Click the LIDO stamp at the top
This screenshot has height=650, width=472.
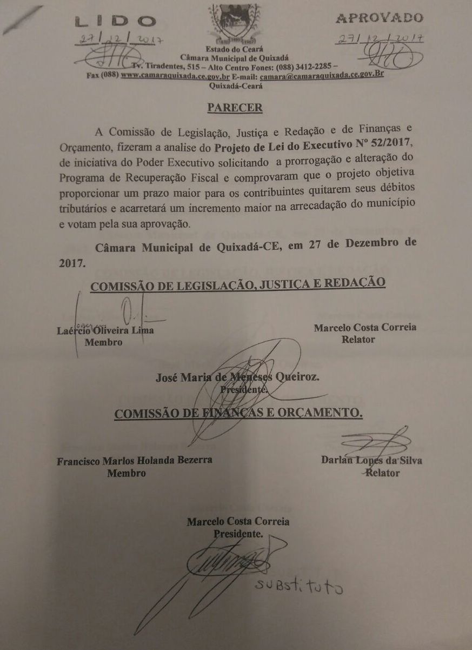(114, 21)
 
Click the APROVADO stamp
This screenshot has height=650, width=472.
(380, 18)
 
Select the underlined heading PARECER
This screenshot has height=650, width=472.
(235, 107)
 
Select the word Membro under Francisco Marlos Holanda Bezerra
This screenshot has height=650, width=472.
(127, 473)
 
